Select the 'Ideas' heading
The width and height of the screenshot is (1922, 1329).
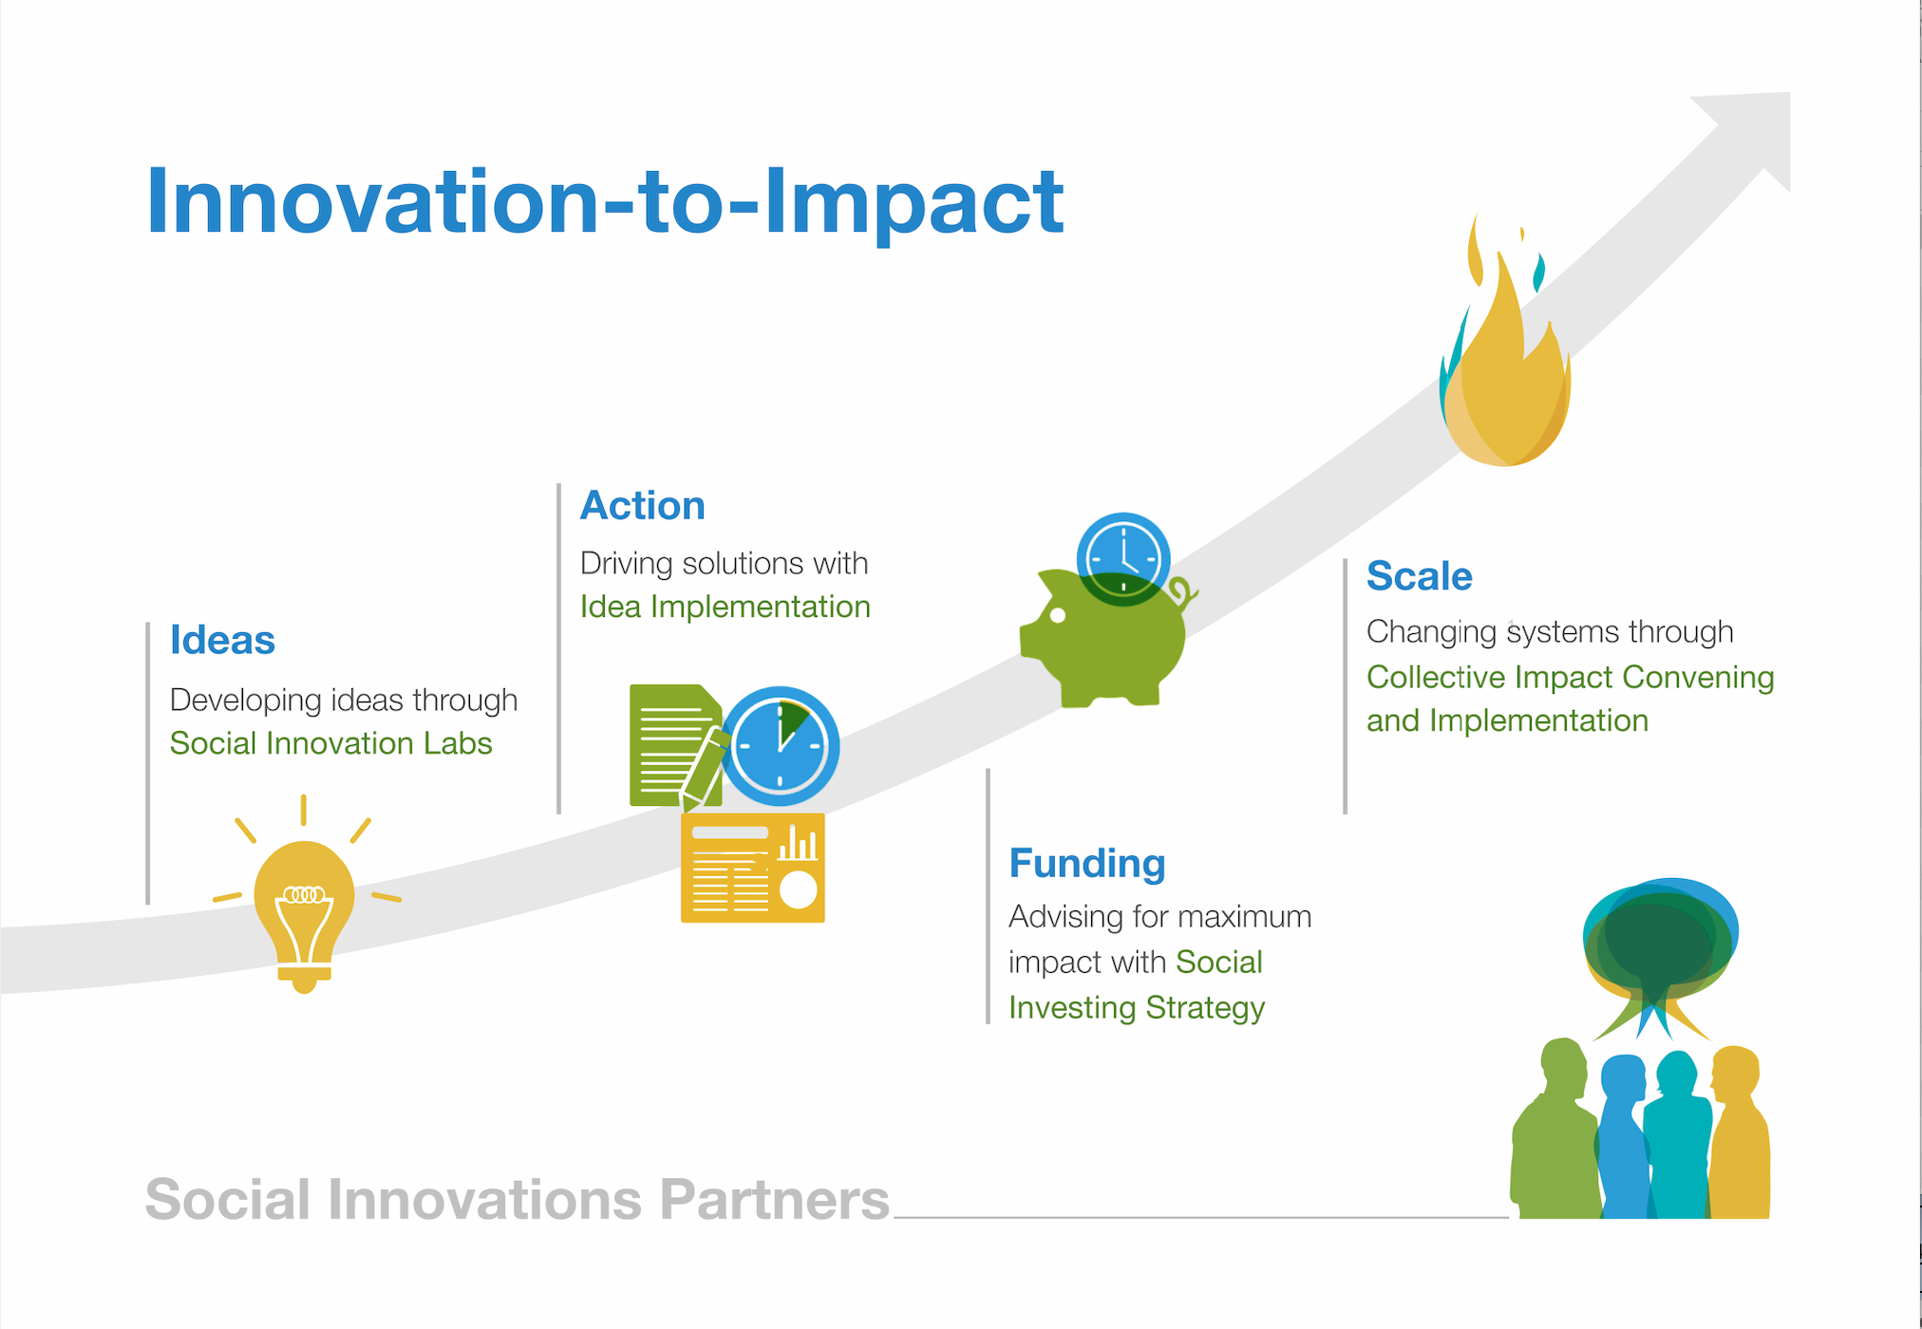click(222, 640)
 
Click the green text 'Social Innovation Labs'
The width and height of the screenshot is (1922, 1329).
click(330, 743)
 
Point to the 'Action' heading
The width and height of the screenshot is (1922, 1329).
click(642, 505)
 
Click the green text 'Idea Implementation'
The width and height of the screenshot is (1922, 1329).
click(725, 607)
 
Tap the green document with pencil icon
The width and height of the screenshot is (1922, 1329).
click(669, 745)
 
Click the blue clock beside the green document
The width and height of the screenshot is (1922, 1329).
click(781, 745)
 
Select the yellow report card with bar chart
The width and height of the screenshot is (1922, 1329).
click(752, 868)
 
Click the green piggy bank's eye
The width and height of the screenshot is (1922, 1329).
click(1058, 615)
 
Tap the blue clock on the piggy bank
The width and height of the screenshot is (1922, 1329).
click(1122, 557)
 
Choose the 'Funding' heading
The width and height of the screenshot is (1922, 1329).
click(1086, 863)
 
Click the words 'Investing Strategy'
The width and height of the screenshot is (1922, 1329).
click(1136, 1007)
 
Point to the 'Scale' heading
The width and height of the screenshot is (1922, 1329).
click(1419, 576)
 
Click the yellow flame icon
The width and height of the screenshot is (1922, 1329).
click(1506, 380)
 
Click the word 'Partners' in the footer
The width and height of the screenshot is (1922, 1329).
click(774, 1200)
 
